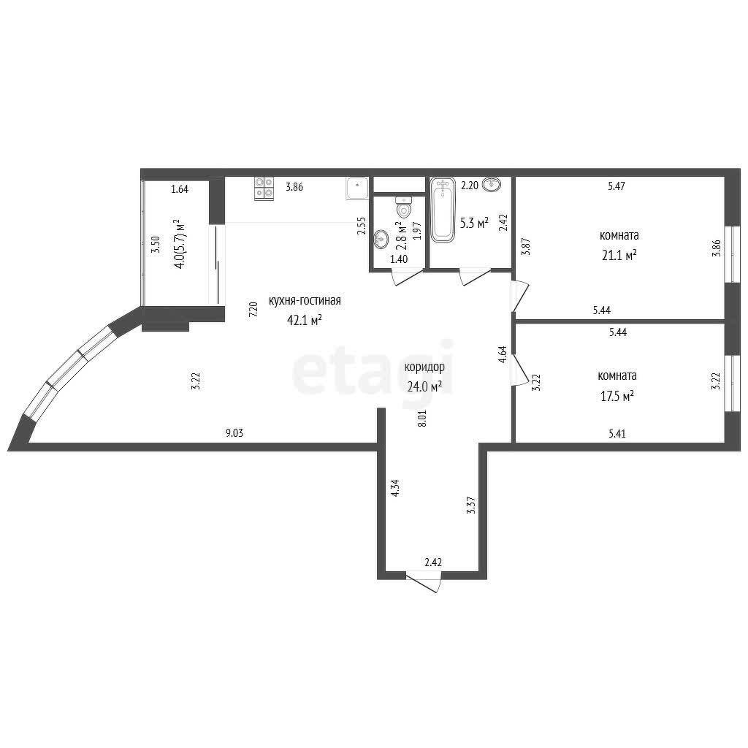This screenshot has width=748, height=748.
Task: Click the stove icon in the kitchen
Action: (x=264, y=188)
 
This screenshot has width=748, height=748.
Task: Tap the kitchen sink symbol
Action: (x=357, y=188)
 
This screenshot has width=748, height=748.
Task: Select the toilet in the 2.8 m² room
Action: (x=404, y=207)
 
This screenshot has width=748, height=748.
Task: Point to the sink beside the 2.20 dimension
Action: (x=492, y=183)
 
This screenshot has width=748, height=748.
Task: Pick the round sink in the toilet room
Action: (x=381, y=239)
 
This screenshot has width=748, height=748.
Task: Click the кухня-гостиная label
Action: (x=305, y=301)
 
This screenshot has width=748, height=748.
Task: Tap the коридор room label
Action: (x=424, y=367)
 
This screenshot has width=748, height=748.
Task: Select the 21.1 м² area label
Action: (x=619, y=255)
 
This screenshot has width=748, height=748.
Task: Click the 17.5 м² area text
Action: (x=617, y=396)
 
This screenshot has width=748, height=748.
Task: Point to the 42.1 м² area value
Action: (x=304, y=320)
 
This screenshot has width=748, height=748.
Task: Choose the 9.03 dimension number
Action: (x=234, y=433)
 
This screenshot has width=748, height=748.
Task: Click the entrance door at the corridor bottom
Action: (x=423, y=581)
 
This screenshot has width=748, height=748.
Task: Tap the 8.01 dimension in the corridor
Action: (x=422, y=418)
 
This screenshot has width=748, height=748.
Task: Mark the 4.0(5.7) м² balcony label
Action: (x=180, y=244)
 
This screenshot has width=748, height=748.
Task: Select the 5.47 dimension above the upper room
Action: (x=617, y=186)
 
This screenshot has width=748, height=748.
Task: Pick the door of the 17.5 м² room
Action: (x=519, y=369)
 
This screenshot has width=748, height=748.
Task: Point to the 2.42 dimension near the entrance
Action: (x=433, y=562)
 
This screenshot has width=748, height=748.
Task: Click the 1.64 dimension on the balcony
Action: (x=180, y=189)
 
